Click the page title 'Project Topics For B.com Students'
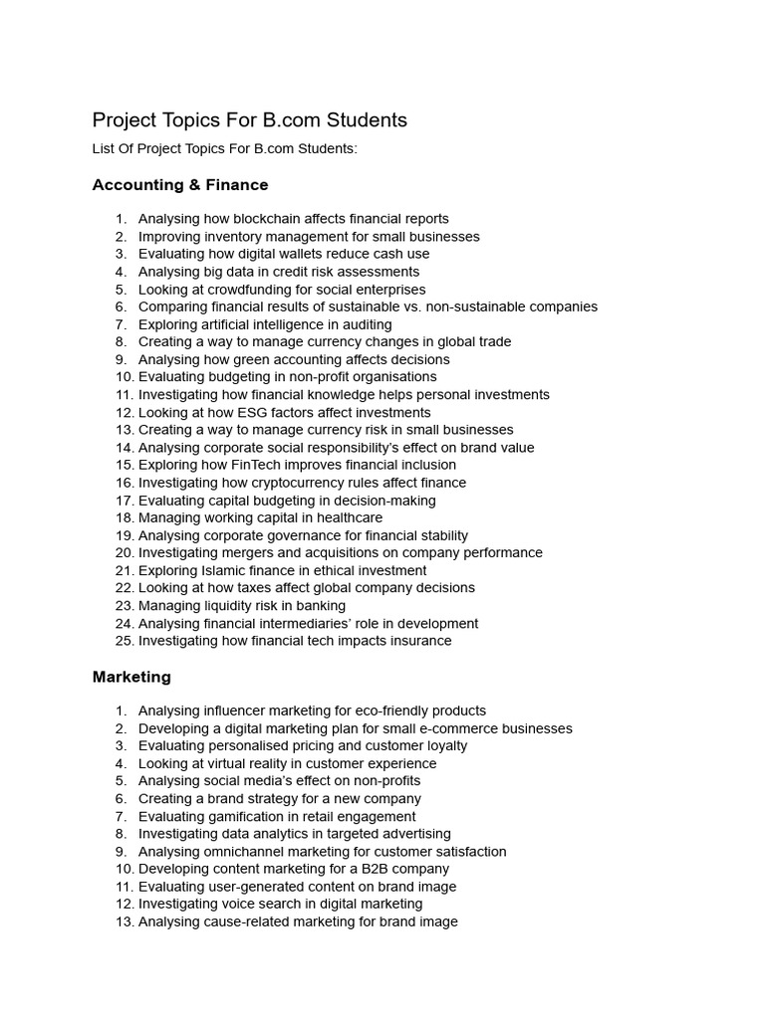coord(250,120)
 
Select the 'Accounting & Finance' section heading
coord(180,185)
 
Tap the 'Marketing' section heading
coord(131,677)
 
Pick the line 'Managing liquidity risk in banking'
coord(242,605)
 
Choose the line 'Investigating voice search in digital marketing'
coord(280,904)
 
